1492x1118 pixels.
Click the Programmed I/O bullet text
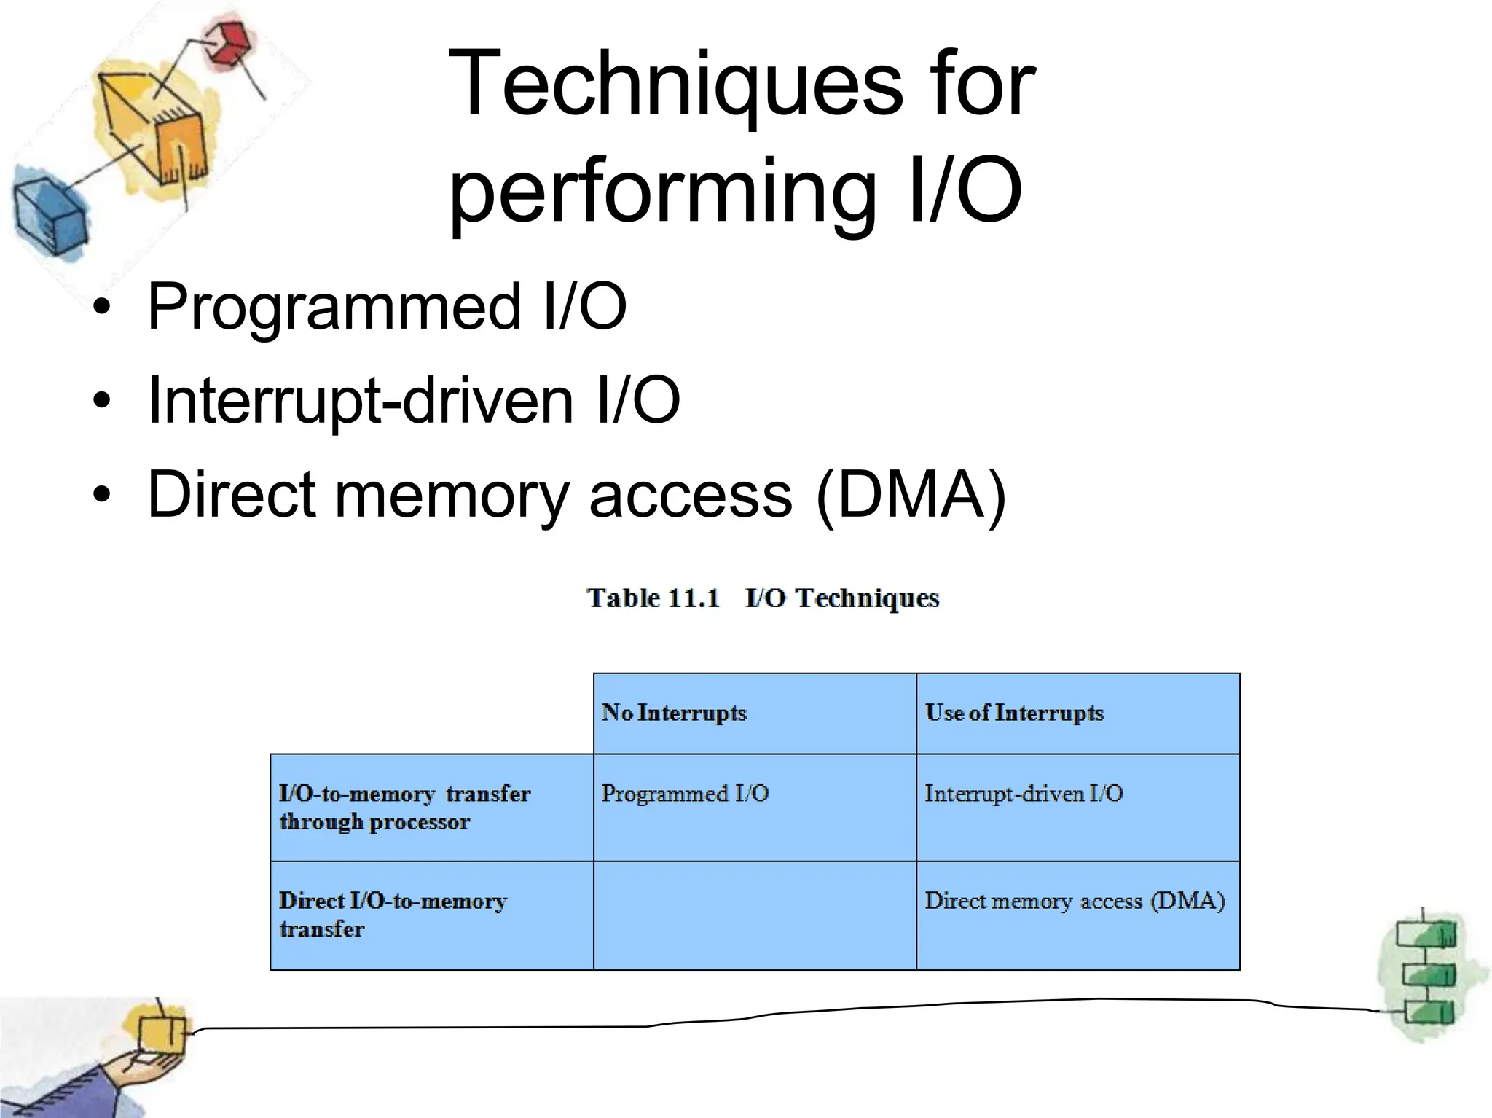click(x=386, y=306)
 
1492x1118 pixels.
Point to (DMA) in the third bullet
click(x=911, y=494)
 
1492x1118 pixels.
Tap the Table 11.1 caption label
click(x=653, y=598)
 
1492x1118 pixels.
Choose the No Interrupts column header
click(x=674, y=713)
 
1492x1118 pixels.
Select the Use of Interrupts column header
click(x=1014, y=713)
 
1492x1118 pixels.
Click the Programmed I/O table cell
click(x=685, y=794)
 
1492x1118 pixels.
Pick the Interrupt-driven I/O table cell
click(x=1024, y=794)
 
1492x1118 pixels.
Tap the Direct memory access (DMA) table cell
click(x=1075, y=902)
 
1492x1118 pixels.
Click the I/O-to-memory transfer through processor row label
click(x=405, y=808)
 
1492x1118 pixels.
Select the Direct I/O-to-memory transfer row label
click(x=393, y=915)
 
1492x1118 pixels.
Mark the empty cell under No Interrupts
click(x=755, y=915)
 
